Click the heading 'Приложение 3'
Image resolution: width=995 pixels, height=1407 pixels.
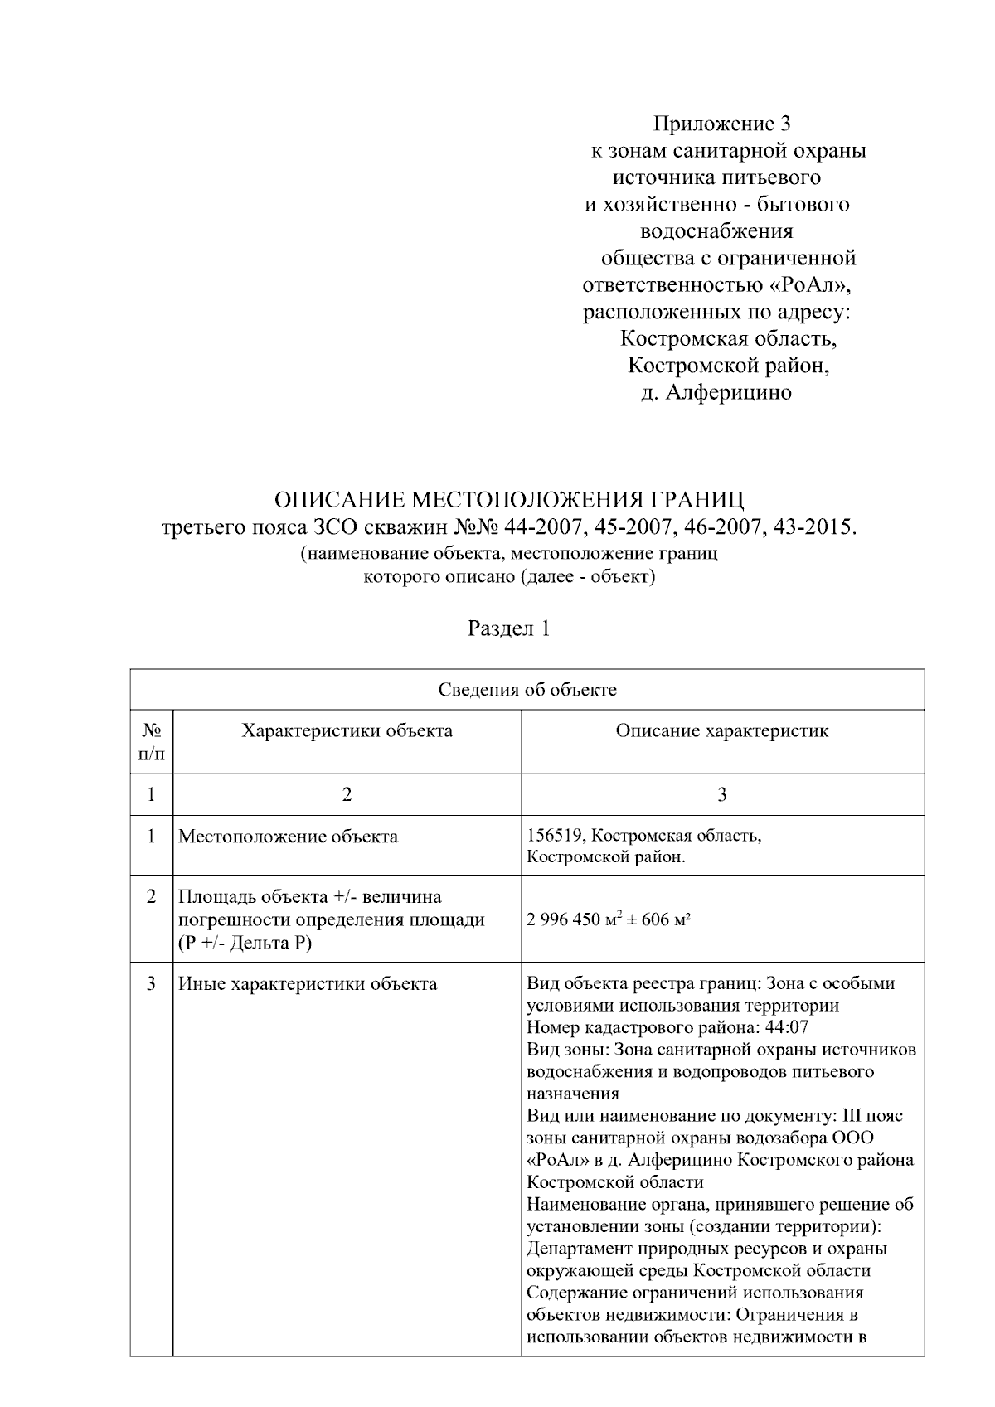coord(721,124)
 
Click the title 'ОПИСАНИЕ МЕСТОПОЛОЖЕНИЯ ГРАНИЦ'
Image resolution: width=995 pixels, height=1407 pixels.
coord(509,500)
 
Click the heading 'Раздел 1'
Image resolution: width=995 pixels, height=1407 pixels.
coord(509,628)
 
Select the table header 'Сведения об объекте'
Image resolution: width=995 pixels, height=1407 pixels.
coord(527,690)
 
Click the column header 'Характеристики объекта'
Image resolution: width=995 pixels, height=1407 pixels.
coord(347,730)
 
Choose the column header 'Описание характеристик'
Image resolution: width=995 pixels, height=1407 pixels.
coord(721,730)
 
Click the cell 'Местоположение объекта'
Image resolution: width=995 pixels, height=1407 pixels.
coord(288,837)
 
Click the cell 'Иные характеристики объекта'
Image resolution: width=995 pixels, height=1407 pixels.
coord(308,984)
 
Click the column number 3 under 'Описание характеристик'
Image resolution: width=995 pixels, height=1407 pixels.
coord(721,794)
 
